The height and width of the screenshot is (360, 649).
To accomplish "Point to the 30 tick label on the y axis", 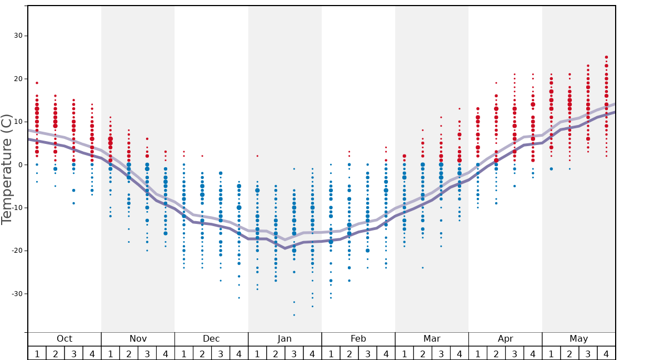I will tap(17, 36).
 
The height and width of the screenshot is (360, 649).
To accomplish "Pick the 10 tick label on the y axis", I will tap(17, 122).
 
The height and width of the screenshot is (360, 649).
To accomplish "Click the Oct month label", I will tap(64, 339).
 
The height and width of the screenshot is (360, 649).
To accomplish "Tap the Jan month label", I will tap(284, 339).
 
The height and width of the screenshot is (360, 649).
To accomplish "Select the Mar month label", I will tap(432, 339).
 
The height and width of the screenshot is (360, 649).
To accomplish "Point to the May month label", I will tap(578, 339).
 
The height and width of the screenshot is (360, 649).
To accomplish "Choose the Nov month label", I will tap(138, 339).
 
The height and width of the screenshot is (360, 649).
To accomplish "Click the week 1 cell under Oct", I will tap(37, 353).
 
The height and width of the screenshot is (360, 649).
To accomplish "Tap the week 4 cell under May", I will tap(606, 353).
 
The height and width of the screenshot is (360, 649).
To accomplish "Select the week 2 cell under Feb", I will tap(349, 353).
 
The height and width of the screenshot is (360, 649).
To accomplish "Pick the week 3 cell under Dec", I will tap(221, 353).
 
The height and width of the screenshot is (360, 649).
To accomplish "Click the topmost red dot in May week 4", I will tap(606, 57).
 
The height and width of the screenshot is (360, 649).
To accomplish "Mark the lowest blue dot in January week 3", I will tap(294, 315).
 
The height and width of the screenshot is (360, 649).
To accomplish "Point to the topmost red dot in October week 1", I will tap(37, 83).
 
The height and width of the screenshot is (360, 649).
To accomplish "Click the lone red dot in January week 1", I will tap(257, 156).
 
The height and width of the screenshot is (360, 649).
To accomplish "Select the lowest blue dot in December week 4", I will tap(239, 298).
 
